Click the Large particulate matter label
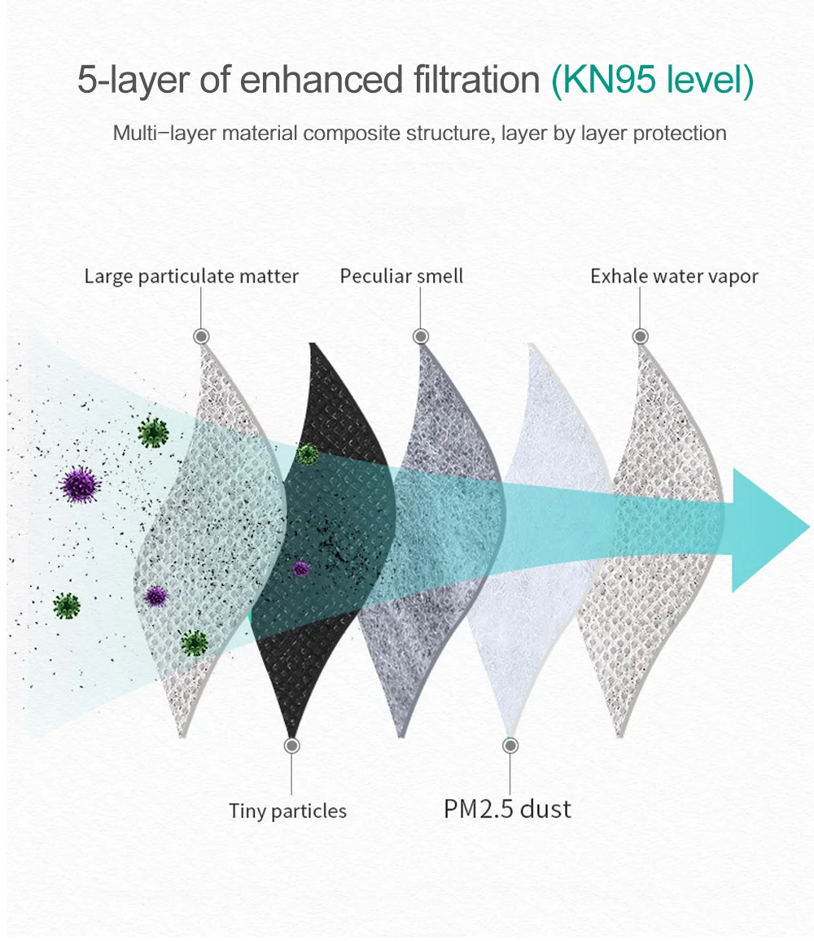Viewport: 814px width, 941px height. tap(191, 277)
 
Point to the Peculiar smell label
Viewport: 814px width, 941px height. tap(401, 277)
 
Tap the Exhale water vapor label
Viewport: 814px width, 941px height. tap(674, 277)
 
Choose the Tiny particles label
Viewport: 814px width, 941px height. tap(287, 811)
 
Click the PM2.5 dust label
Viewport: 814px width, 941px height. tap(507, 809)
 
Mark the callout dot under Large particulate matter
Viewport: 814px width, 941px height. tap(201, 336)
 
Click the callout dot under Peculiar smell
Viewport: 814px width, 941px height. tap(420, 336)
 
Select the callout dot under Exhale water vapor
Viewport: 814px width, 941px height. tap(640, 336)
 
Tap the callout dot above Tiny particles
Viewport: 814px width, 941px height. tap(292, 745)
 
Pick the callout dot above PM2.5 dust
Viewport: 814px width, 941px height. tap(510, 745)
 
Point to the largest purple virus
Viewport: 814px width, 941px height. tap(80, 485)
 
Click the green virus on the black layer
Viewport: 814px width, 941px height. tap(307, 454)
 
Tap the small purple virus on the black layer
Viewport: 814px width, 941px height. tap(301, 569)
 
